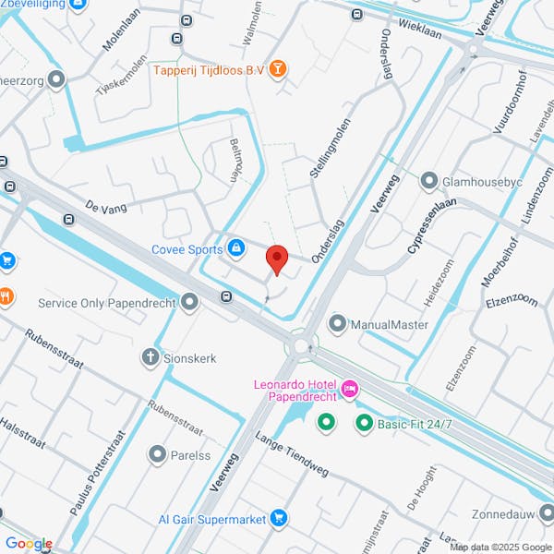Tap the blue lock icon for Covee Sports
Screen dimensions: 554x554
[x=236, y=248]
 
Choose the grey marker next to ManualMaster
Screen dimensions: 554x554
[x=336, y=324]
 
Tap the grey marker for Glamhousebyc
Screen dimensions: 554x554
[x=429, y=181]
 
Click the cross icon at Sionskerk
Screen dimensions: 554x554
[x=150, y=357]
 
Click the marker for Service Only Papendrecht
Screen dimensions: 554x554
[x=190, y=302]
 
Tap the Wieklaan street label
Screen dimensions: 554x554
[x=420, y=30]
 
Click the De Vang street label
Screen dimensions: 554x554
[x=104, y=207]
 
